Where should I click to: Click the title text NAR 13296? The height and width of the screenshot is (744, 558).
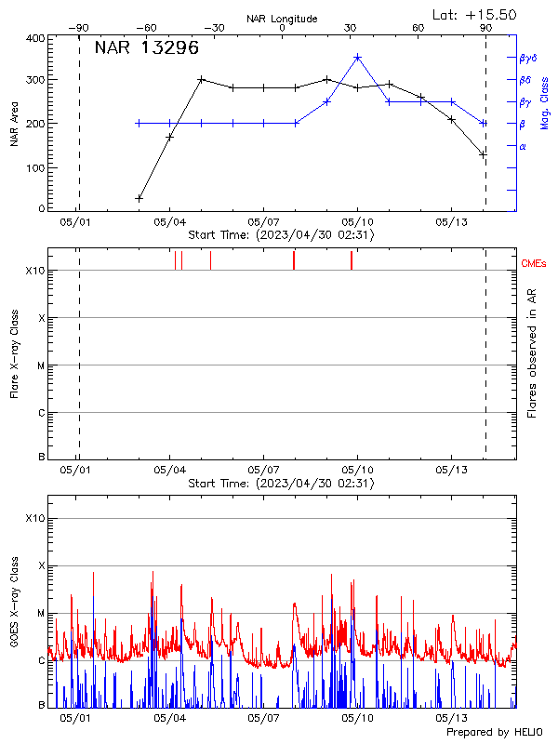pyautogui.click(x=147, y=49)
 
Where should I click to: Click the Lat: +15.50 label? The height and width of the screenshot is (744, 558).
pyautogui.click(x=476, y=14)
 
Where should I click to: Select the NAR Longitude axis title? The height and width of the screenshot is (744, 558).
pyautogui.click(x=282, y=19)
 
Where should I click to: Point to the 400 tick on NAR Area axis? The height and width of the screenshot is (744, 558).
pyautogui.click(x=35, y=38)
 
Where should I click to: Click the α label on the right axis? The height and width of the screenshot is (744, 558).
pyautogui.click(x=523, y=146)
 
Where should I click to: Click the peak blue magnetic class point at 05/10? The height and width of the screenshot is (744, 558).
pyautogui.click(x=358, y=57)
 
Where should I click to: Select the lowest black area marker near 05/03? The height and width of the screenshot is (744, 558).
pyautogui.click(x=139, y=198)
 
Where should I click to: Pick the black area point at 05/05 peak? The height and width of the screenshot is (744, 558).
pyautogui.click(x=201, y=80)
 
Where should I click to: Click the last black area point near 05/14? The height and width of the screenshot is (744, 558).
pyautogui.click(x=483, y=154)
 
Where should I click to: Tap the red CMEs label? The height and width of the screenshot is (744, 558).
pyautogui.click(x=534, y=264)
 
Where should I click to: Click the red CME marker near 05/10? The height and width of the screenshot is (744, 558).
pyautogui.click(x=352, y=260)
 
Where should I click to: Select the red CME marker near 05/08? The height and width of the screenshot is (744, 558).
pyautogui.click(x=294, y=260)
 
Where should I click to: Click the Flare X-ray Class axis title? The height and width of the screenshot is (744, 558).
pyautogui.click(x=14, y=353)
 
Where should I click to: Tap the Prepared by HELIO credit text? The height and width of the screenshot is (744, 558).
pyautogui.click(x=494, y=733)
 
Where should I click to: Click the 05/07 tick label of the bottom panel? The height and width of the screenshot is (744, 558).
pyautogui.click(x=264, y=719)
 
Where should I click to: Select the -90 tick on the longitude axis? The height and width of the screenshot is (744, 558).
pyautogui.click(x=79, y=28)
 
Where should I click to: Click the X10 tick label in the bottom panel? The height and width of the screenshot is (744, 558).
pyautogui.click(x=35, y=518)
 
